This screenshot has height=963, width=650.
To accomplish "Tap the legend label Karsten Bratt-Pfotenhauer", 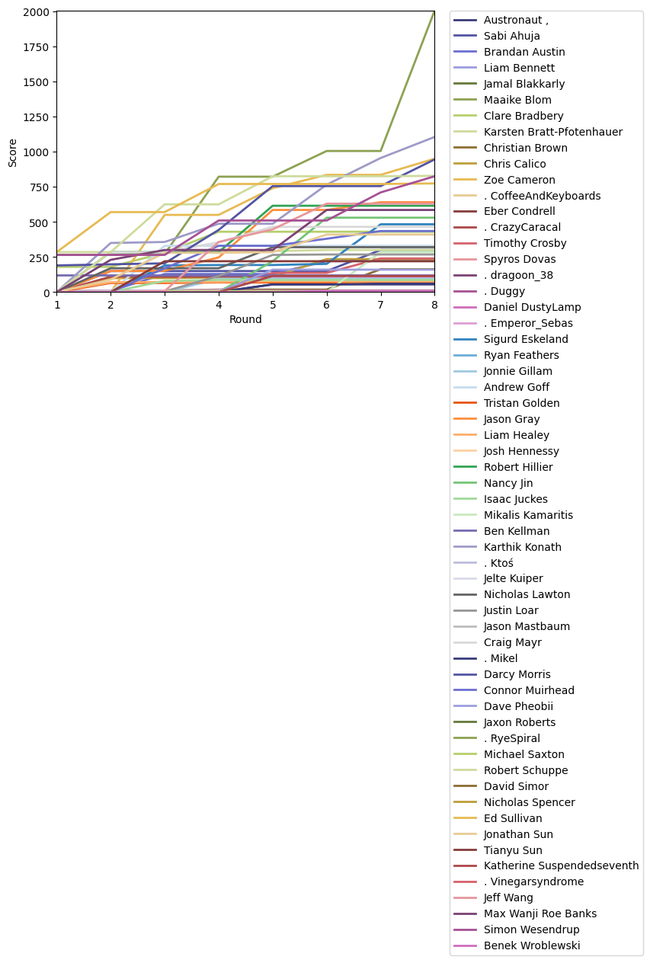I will [552, 132].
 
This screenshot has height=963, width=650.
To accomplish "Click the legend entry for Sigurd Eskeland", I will [526, 340].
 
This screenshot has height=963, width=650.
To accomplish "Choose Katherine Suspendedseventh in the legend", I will [561, 865].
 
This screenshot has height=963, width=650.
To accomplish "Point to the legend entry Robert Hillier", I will [518, 467].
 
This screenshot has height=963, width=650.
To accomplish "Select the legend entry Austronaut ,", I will [516, 20].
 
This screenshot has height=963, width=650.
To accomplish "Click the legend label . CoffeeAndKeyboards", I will [542, 196].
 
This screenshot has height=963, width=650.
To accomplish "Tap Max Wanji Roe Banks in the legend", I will [540, 913].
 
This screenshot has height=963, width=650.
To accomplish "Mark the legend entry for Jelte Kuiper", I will [513, 579].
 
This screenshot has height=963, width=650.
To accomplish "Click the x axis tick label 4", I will [219, 305].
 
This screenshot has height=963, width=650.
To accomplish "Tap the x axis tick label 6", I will [327, 305].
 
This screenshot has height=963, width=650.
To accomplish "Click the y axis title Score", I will [13, 152].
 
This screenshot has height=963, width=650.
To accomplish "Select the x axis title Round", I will [245, 320].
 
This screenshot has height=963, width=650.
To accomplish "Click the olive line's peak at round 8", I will [434, 12].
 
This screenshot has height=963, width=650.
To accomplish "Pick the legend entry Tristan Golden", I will [521, 403].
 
